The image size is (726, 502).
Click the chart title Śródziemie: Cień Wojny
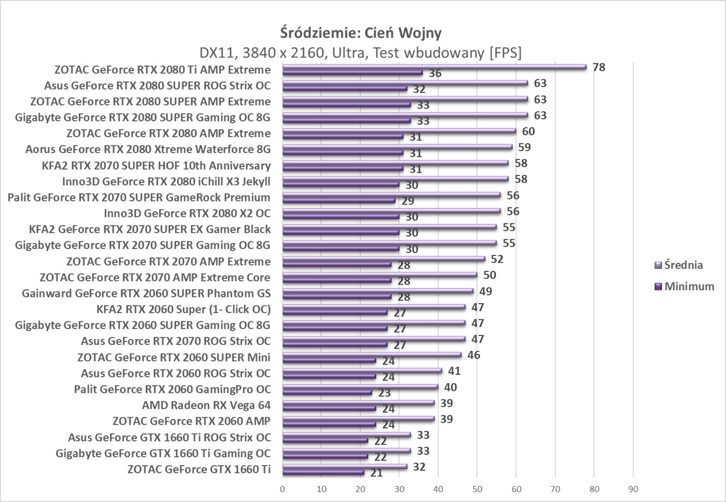point(361,33)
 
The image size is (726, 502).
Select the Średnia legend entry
point(683,265)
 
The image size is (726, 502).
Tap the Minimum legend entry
point(689,286)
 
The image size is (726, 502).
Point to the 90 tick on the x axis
point(633,489)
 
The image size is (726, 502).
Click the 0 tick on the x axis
point(282,489)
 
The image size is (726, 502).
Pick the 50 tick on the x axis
point(477,489)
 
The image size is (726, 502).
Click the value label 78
point(599,67)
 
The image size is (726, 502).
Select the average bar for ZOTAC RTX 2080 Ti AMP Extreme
point(434,66)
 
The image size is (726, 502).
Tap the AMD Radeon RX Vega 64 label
point(206,405)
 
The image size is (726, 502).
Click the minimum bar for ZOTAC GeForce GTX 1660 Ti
point(323,472)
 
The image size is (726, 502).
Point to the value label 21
point(376,473)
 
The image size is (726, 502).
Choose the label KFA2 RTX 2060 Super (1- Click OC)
point(184,309)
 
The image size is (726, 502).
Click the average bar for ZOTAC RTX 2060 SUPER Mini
point(372,355)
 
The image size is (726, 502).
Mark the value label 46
point(473,355)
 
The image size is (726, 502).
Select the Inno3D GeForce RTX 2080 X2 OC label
point(187,213)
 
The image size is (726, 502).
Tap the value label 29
point(408,201)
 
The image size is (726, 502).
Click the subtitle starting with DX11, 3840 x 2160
point(361,52)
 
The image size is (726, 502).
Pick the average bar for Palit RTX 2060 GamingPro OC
point(360,387)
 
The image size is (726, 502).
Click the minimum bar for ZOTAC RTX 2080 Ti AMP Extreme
point(353,73)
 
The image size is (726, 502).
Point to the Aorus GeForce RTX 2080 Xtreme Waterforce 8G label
point(148,150)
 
